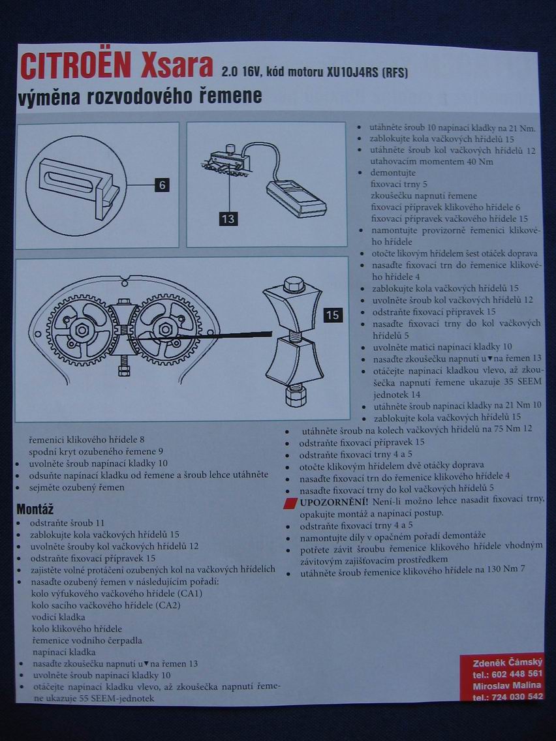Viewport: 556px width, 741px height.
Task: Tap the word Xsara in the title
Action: point(177,66)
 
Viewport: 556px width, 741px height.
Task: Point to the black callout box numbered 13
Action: point(228,219)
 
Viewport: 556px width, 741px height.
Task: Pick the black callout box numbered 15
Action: point(333,315)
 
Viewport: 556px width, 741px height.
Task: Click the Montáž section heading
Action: point(35,508)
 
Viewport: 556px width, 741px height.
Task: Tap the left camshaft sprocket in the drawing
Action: point(82,329)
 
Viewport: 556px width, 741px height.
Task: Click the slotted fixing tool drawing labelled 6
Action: point(76,177)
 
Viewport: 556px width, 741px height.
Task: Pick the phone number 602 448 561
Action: point(516,673)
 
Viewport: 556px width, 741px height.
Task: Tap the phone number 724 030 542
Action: point(516,696)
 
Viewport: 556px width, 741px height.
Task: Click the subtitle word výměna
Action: point(51,97)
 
